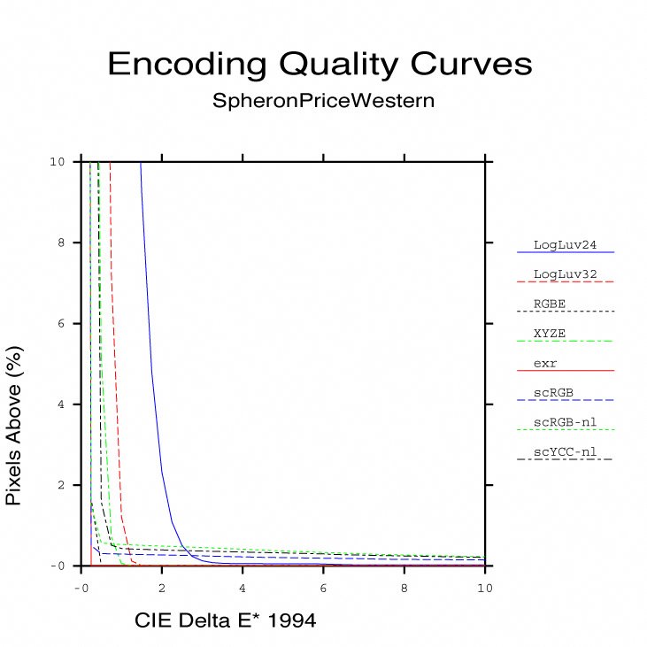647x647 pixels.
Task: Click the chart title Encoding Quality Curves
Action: [320, 65]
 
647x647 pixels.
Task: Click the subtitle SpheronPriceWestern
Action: [323, 100]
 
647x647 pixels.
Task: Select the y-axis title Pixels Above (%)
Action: [13, 427]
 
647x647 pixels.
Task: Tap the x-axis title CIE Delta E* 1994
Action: [225, 621]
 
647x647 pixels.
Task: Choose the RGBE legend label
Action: [550, 304]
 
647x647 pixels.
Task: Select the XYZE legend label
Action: [550, 333]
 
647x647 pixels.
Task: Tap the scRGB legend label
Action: [553, 393]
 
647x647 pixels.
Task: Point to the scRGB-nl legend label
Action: [564, 422]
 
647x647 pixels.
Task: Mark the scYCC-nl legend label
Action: [564, 452]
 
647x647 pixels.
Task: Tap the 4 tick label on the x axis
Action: [243, 587]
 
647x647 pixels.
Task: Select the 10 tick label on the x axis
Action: [484, 587]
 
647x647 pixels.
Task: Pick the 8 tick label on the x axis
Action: [404, 587]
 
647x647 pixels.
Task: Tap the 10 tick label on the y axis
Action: [58, 161]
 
